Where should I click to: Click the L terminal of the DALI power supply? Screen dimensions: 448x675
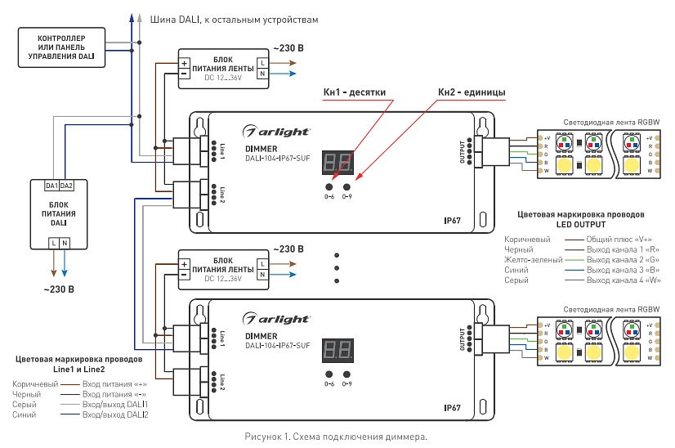pyautogui.click(x=53, y=242)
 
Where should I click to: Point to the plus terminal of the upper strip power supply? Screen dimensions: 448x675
pyautogui.click(x=185, y=62)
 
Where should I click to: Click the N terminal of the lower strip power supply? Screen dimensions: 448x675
pyautogui.click(x=262, y=278)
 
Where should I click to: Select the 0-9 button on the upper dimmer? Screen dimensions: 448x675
pyautogui.click(x=347, y=186)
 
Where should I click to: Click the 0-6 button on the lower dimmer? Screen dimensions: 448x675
pyautogui.click(x=329, y=374)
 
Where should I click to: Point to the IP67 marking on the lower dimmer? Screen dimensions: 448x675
pyautogui.click(x=454, y=406)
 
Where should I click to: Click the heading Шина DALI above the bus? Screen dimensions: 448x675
pyautogui.click(x=232, y=18)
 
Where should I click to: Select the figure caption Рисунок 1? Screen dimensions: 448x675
pyautogui.click(x=335, y=437)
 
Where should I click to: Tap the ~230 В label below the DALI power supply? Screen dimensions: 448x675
pyautogui.click(x=58, y=289)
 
